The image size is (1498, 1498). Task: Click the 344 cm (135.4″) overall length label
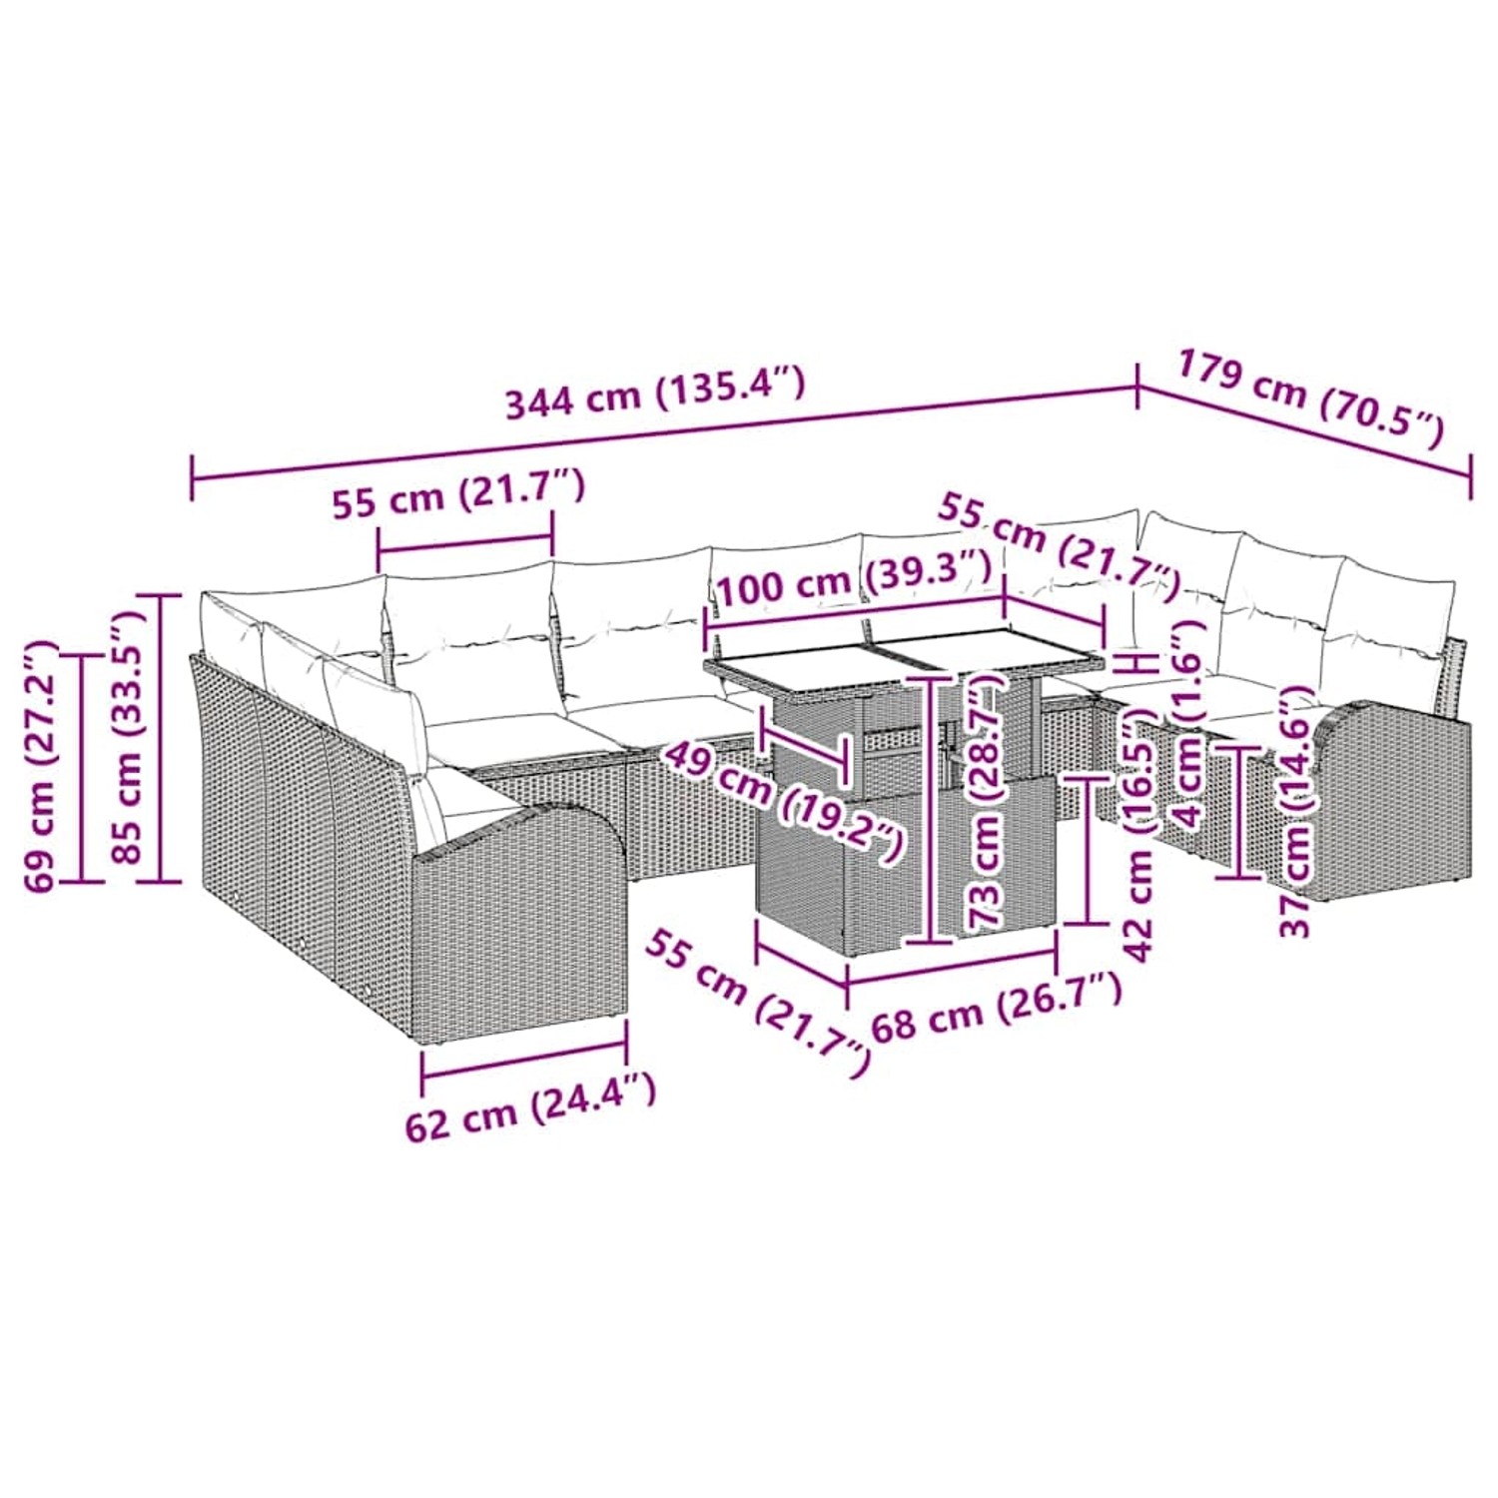click(x=655, y=392)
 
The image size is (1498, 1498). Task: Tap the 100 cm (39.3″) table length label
click(x=854, y=579)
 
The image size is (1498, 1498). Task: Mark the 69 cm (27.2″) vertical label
click(x=42, y=766)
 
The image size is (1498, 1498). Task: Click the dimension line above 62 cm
click(x=524, y=1060)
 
